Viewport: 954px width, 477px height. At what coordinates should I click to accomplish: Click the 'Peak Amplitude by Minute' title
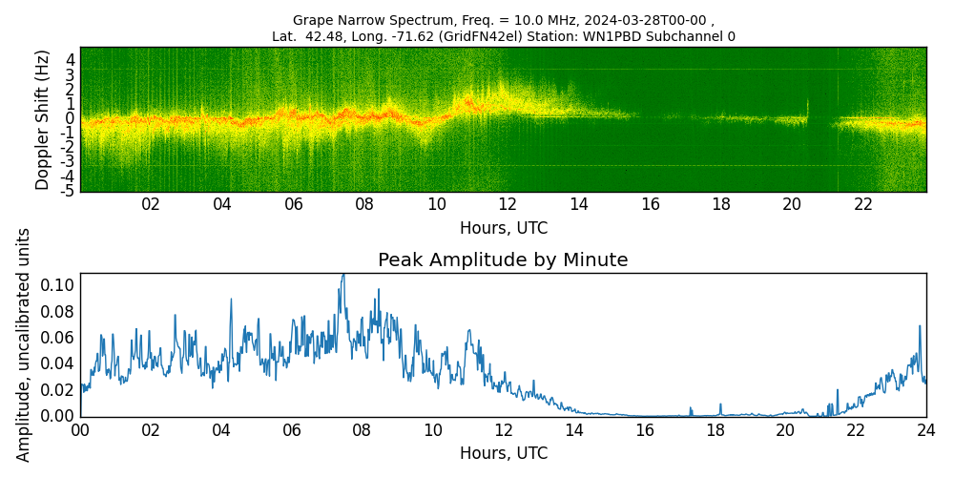click(x=503, y=260)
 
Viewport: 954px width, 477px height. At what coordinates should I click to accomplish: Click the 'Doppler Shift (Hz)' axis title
click(x=43, y=119)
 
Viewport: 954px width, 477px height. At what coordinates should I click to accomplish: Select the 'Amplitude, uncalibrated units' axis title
click(x=24, y=344)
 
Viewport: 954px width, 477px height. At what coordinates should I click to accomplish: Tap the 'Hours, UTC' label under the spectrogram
click(x=503, y=229)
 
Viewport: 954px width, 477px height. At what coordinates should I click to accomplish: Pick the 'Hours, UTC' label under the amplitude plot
click(x=503, y=453)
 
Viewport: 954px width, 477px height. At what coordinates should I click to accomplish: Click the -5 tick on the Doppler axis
click(x=68, y=191)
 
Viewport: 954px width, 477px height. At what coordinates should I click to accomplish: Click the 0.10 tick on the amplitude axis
click(x=58, y=285)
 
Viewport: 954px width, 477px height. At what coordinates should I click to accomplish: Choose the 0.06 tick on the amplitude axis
click(x=58, y=338)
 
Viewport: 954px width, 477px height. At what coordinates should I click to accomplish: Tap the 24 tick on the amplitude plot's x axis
click(x=925, y=430)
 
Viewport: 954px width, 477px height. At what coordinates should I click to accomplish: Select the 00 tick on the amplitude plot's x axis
click(x=80, y=430)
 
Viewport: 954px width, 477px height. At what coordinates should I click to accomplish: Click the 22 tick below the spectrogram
click(x=863, y=204)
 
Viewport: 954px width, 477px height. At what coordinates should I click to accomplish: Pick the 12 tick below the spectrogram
click(x=508, y=204)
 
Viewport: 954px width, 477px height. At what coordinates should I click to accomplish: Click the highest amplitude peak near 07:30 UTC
click(x=343, y=275)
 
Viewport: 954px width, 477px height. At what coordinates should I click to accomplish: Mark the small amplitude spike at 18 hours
click(x=720, y=404)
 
